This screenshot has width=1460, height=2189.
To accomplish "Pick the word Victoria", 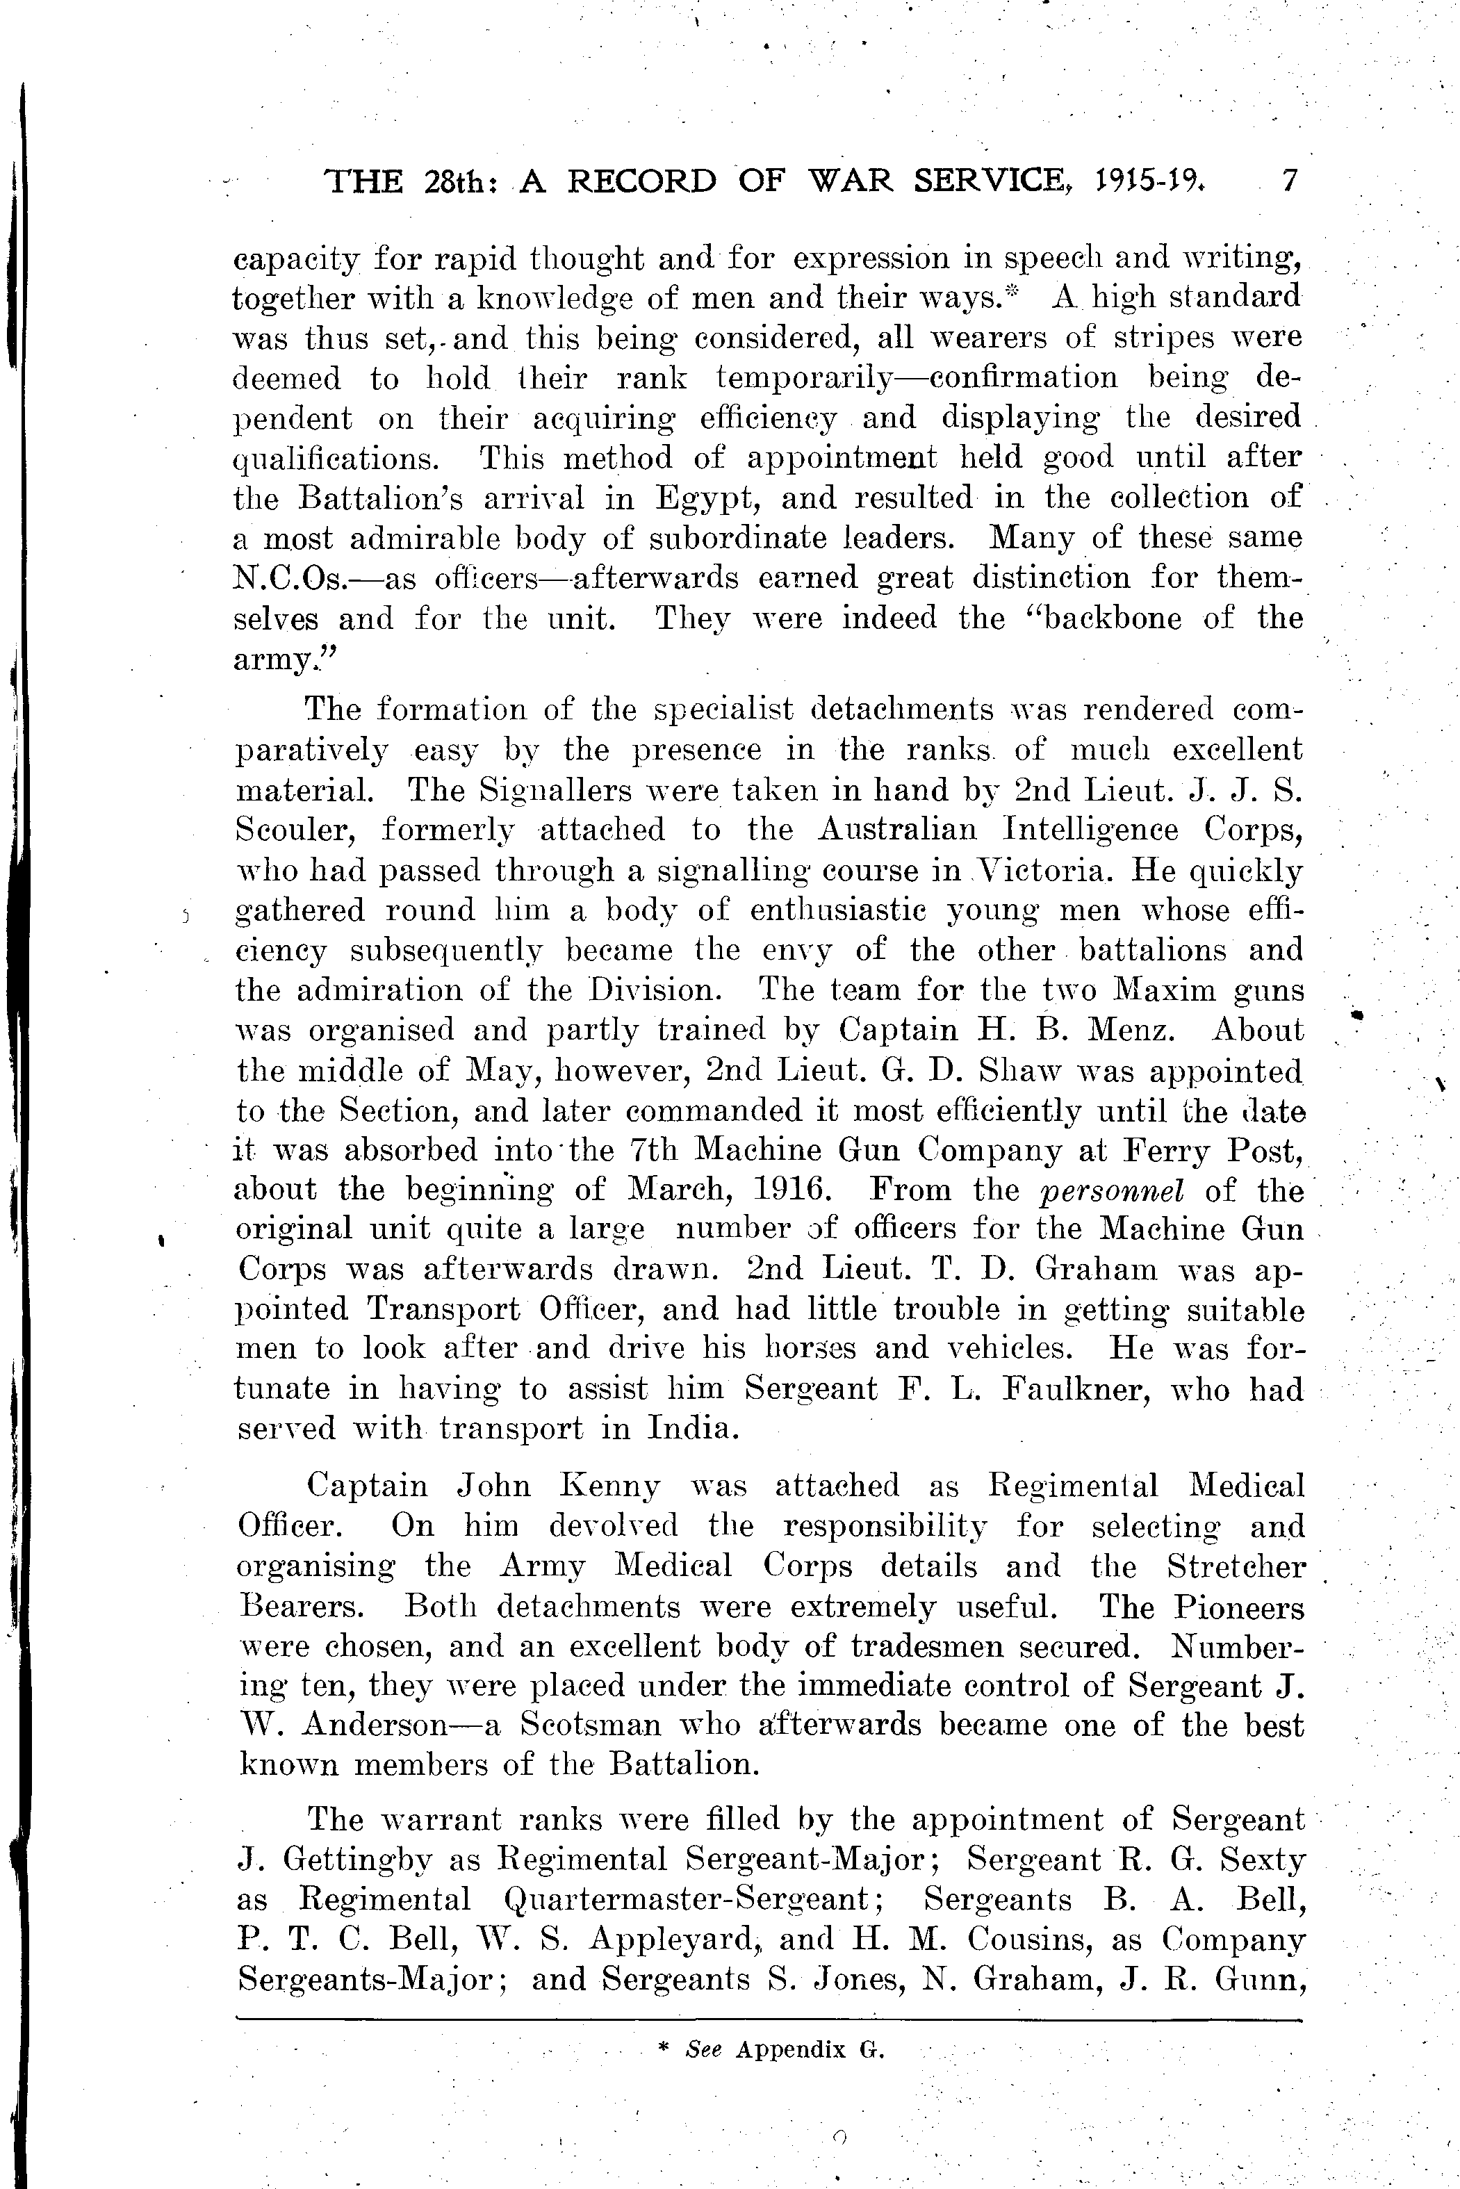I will pyautogui.click(x=1042, y=871).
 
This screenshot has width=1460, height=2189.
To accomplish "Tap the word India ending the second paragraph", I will pyautogui.click(x=690, y=1429).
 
